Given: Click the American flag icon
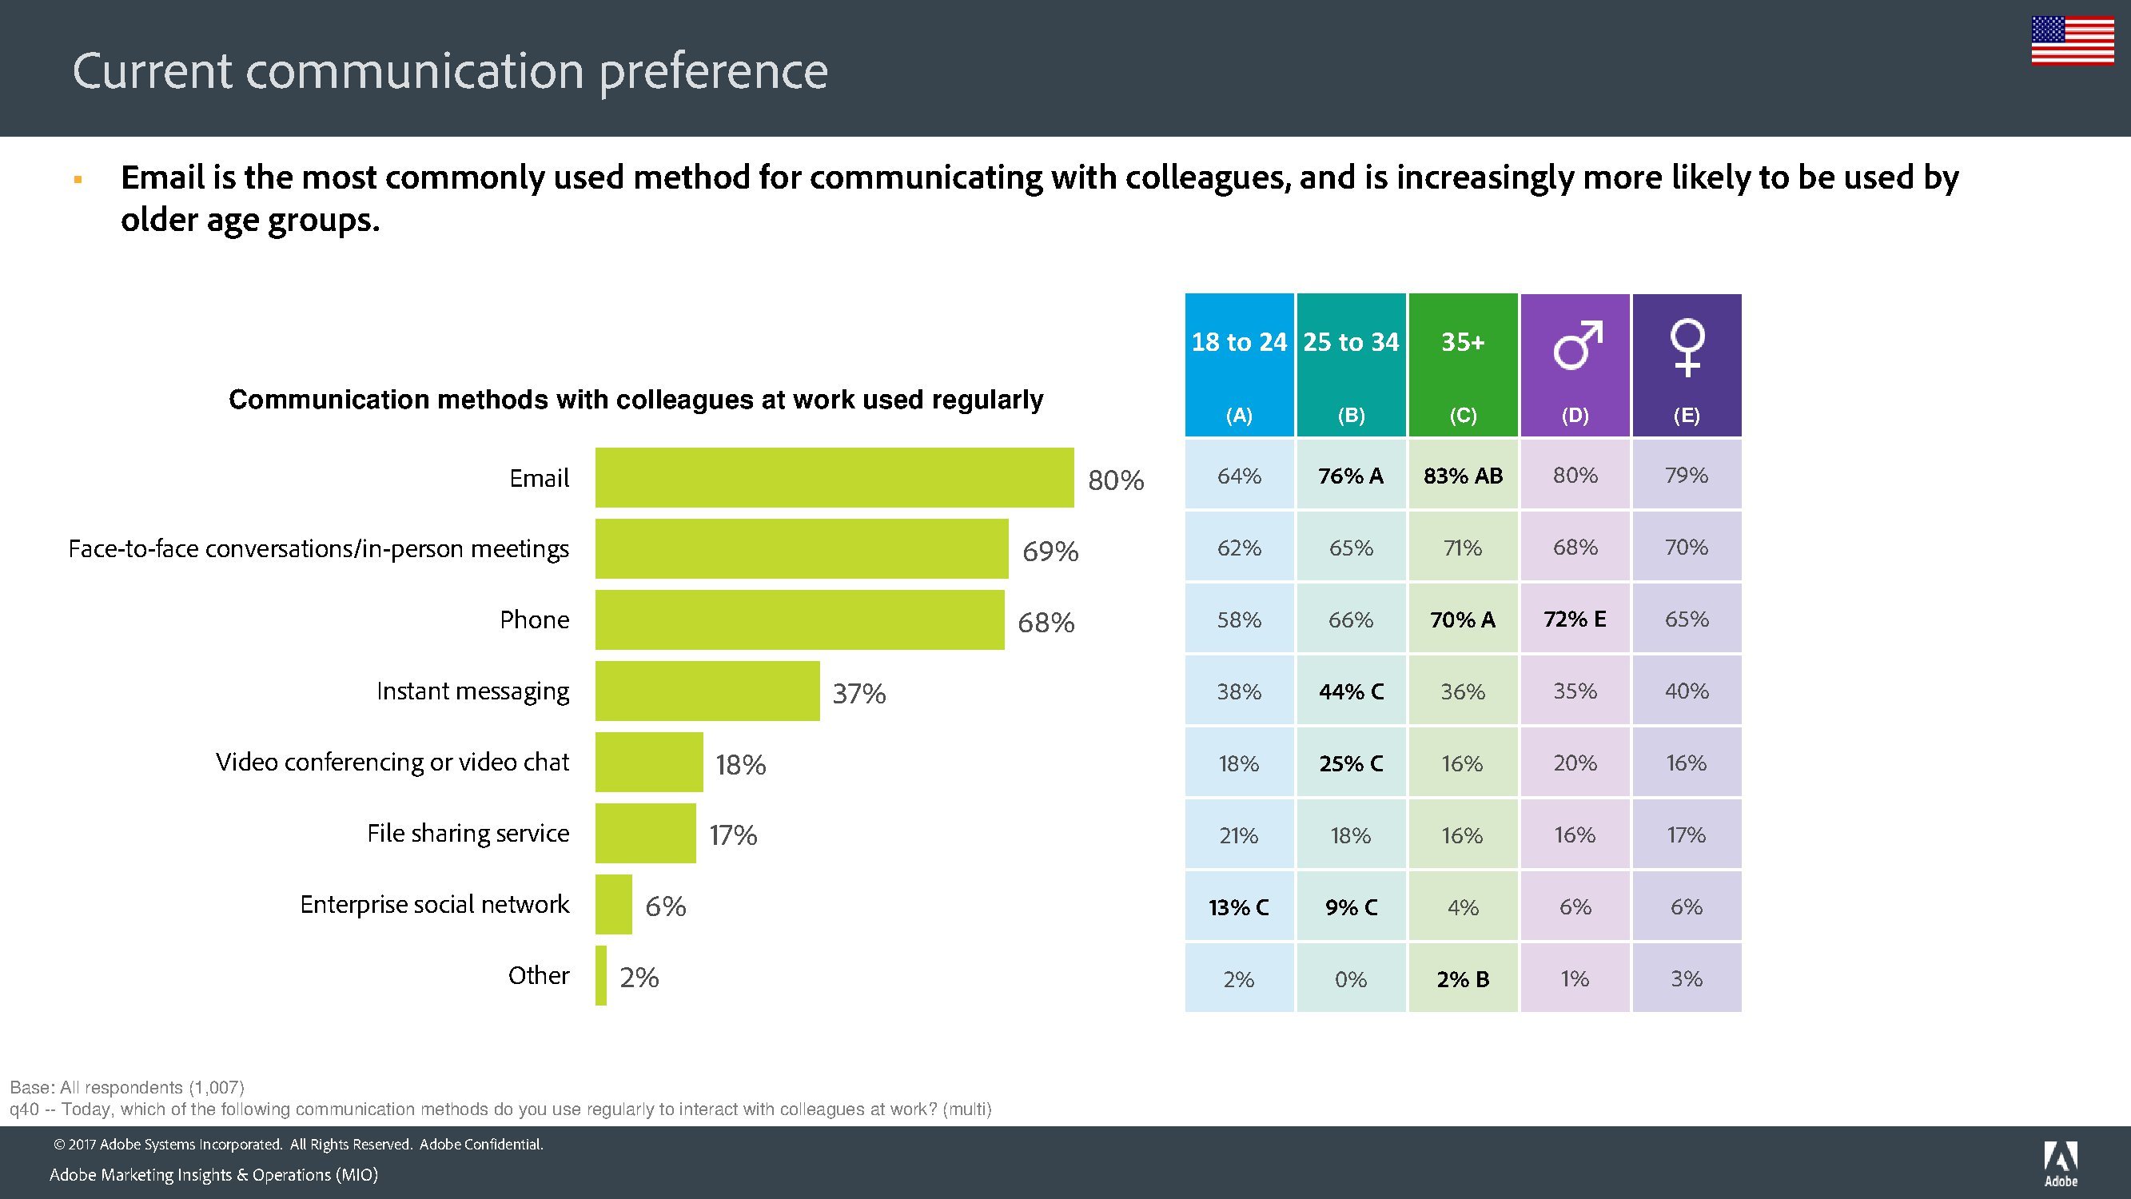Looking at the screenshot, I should click(2073, 40).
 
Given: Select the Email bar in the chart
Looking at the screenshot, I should click(834, 477).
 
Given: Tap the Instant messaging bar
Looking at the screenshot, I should click(707, 691).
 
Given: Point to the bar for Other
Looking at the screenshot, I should click(600, 975).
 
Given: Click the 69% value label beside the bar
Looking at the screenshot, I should click(1050, 551).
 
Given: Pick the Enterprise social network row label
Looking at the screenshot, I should click(434, 904).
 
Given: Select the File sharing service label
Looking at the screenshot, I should click(468, 833).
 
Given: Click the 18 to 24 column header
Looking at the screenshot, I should click(1238, 343).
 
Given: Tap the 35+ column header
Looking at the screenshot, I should click(1463, 343).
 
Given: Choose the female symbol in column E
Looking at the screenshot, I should click(1687, 347).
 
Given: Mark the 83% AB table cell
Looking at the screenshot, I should click(1463, 476).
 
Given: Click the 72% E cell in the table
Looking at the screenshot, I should click(1574, 619).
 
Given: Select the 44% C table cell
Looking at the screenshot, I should click(1351, 691).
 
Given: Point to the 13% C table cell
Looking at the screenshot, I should click(1238, 908).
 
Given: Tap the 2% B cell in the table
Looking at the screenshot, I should click(1463, 980).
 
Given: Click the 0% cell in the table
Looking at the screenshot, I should click(1351, 980).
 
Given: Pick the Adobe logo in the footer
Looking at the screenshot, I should click(2060, 1163).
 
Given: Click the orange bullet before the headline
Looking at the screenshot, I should click(78, 179).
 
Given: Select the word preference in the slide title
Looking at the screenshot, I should click(713, 71).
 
